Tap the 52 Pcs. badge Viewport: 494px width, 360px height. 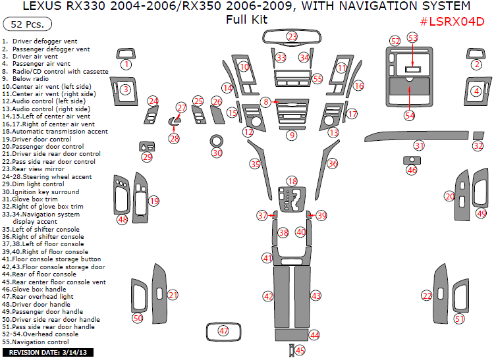coord(24,25)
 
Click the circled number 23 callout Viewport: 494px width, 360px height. coord(292,37)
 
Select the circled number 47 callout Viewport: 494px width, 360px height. coord(224,330)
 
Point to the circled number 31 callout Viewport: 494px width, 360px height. coord(419,145)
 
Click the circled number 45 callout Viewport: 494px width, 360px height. coord(300,351)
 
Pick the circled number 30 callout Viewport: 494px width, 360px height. coord(217,153)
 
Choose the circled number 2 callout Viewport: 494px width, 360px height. coord(476,64)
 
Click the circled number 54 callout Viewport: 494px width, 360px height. coord(410,115)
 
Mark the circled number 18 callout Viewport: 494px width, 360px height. coord(292,181)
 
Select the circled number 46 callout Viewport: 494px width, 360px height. coord(412,170)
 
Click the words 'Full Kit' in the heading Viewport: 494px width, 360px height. coord(246,19)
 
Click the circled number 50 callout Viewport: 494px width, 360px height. coord(138,318)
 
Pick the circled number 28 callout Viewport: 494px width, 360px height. coord(174,138)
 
